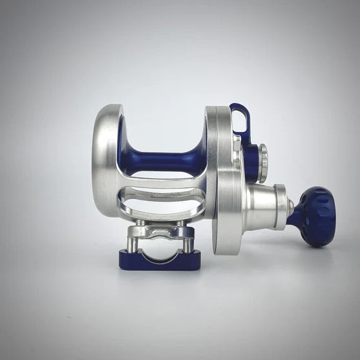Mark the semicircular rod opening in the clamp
(159, 253)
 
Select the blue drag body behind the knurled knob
(251, 162)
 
